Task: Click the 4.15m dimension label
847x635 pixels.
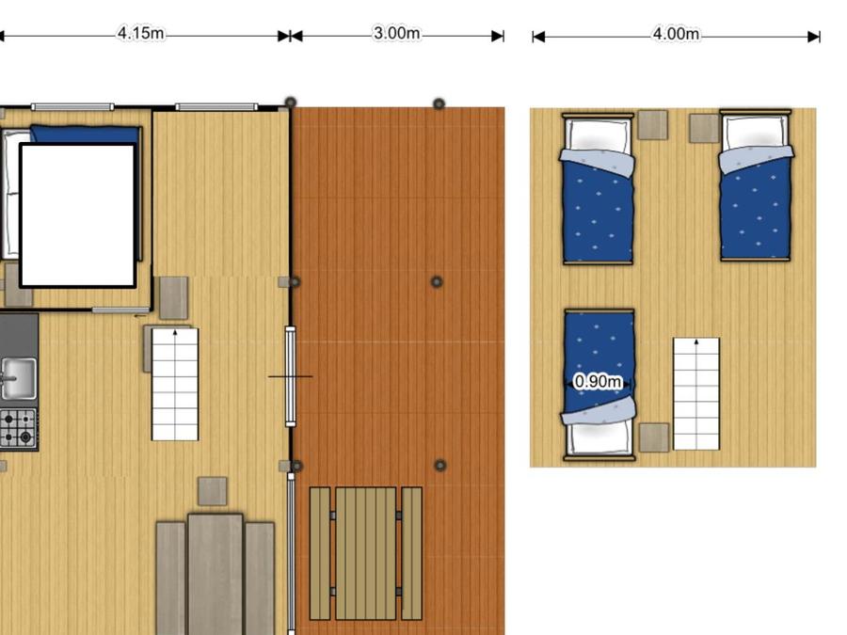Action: coord(141,34)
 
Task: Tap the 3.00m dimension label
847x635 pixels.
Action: coord(397,34)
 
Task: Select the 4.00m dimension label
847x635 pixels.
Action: coord(677,34)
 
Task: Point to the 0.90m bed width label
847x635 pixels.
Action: coord(598,382)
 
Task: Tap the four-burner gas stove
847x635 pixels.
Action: coord(19,429)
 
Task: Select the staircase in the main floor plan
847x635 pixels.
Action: coord(175,385)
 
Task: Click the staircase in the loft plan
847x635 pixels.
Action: coord(696,394)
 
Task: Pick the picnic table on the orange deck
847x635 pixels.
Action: coord(366,553)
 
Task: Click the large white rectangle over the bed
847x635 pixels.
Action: coord(78,215)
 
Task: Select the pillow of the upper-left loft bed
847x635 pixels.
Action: coord(598,135)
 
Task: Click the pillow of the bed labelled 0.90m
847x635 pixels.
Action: coord(599,437)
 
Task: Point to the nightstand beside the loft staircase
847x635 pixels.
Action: coord(654,437)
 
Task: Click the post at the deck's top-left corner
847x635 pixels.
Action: coord(291,103)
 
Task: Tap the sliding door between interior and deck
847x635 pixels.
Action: coord(291,376)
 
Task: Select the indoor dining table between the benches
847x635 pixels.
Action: coord(216,575)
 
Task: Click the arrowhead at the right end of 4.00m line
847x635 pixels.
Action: coord(813,37)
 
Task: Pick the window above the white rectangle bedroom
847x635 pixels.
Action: coord(72,107)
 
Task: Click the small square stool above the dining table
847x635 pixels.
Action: coord(213,491)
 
